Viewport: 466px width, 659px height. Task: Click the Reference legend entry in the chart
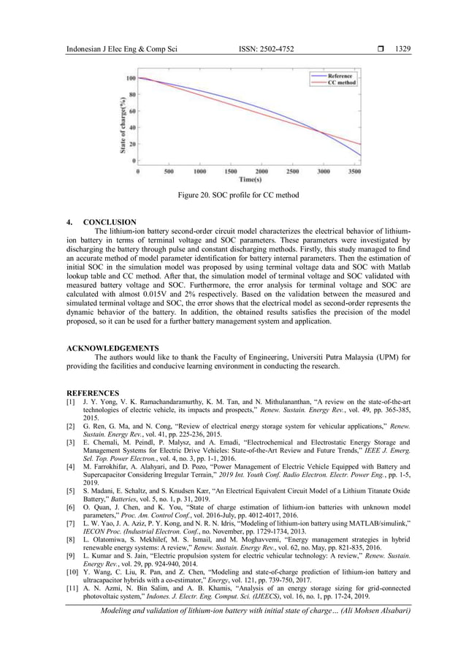(340, 75)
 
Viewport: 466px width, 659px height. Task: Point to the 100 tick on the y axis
(130, 78)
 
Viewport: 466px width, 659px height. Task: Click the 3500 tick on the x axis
(354, 172)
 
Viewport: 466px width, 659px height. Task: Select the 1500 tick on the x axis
(230, 172)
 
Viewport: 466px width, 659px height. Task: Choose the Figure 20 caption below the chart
(232, 197)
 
